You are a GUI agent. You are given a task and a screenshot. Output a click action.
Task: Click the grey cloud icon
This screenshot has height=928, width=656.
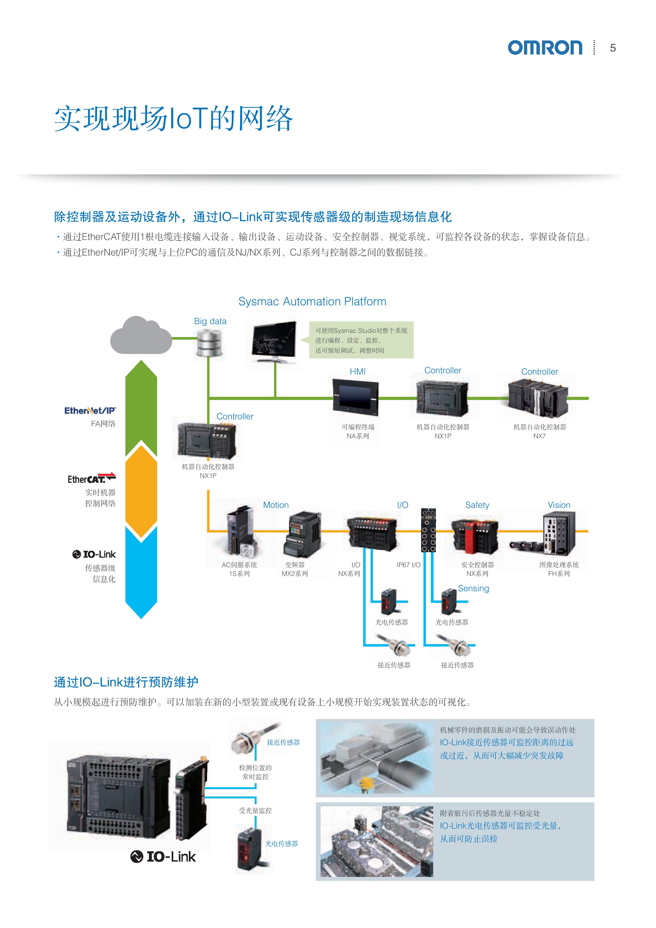pos(141,336)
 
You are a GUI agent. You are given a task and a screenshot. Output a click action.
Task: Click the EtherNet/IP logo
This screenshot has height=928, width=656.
pos(90,411)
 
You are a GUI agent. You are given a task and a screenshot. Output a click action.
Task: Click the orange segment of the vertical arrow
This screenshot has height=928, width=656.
pos(141,491)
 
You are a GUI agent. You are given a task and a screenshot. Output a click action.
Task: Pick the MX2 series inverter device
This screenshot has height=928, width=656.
pos(303,534)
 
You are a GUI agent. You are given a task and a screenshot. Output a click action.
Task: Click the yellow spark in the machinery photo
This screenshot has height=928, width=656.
pos(367,783)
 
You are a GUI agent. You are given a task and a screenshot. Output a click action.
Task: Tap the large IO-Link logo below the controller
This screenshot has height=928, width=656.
pos(163,856)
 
